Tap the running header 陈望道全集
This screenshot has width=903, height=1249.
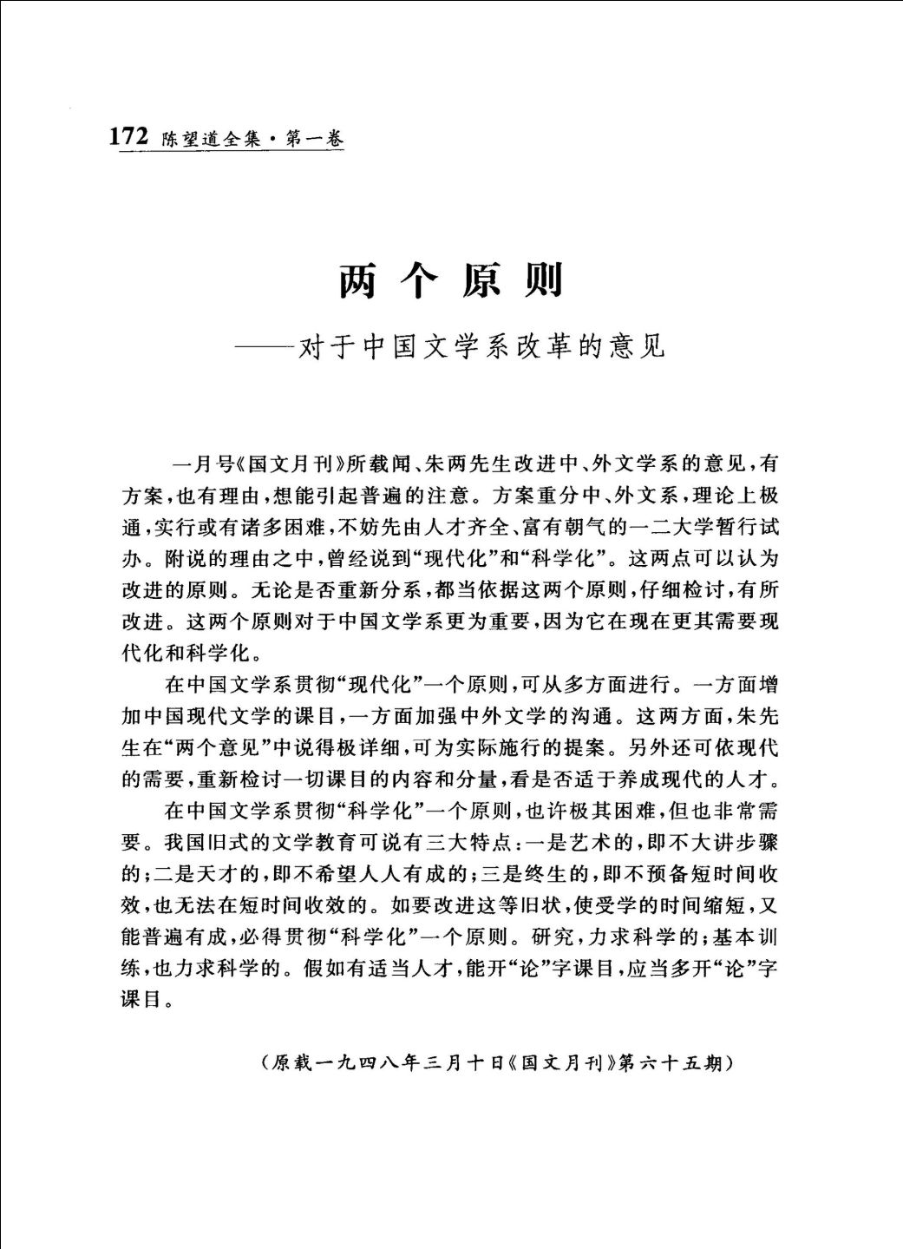211,139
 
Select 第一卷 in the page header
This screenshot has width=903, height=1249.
315,139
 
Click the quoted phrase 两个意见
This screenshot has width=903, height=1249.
218,747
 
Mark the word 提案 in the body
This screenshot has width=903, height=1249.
584,747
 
